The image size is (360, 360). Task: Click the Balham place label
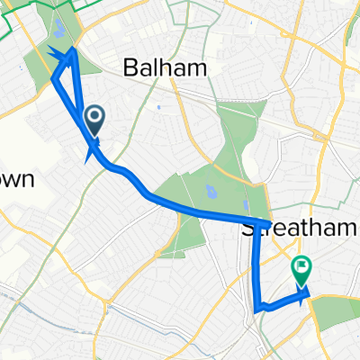pos(165,68)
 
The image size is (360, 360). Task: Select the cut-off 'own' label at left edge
pos(17,179)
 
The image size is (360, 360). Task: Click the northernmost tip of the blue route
pos(73,49)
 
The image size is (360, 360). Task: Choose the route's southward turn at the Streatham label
pos(266,222)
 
